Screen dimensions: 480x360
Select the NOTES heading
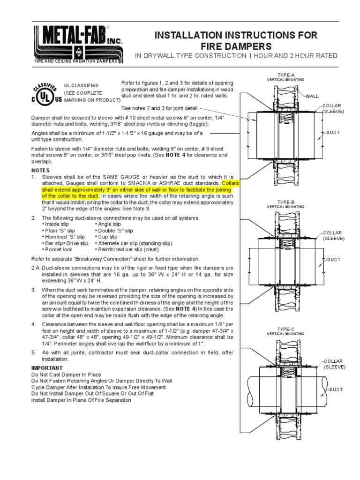point(40,170)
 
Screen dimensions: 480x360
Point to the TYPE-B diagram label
point(286,202)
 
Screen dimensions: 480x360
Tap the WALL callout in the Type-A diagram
point(312,96)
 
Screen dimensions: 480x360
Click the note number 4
point(33,324)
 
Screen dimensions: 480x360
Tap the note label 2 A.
point(35,268)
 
